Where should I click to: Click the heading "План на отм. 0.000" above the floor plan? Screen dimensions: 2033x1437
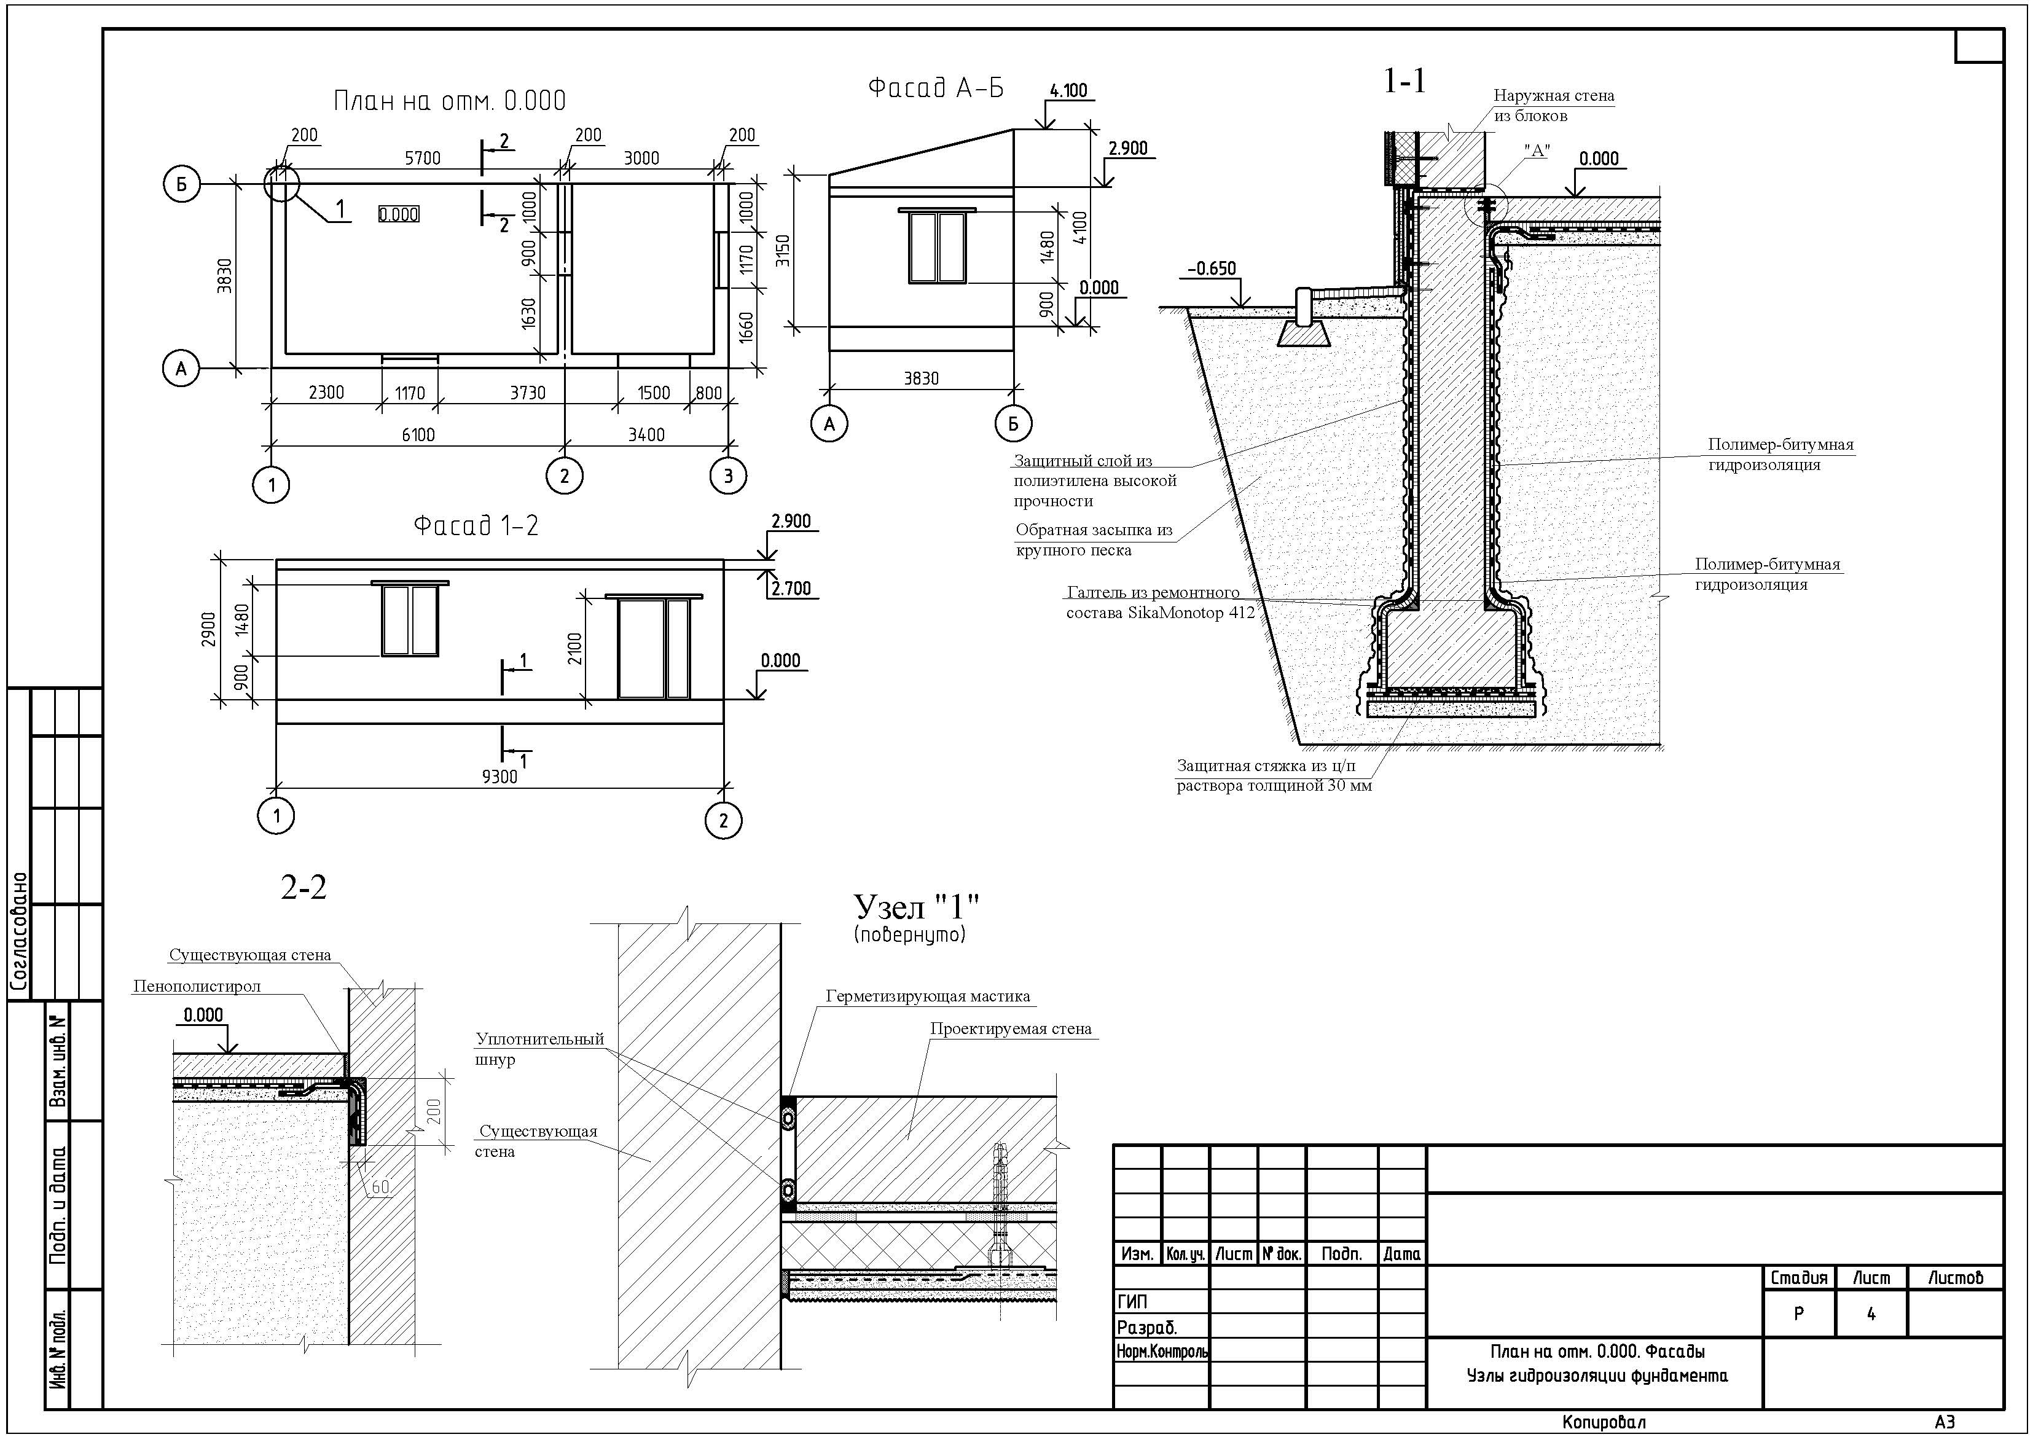449,101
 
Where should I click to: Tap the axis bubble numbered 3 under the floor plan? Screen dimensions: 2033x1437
728,476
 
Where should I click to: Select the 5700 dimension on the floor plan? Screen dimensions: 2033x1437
422,159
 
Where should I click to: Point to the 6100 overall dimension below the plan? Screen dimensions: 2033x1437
418,435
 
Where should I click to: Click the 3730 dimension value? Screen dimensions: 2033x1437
528,392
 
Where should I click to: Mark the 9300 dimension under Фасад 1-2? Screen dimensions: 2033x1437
500,777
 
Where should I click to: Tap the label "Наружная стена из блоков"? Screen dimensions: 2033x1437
1554,105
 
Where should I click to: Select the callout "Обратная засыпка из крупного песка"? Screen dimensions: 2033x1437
1094,540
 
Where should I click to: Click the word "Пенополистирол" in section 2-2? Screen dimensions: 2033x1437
197,986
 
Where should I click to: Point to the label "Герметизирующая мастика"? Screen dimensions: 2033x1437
928,996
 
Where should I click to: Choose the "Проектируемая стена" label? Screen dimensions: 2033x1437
1010,1029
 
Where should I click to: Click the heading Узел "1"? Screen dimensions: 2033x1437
917,907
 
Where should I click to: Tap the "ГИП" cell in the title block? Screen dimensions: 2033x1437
1132,1302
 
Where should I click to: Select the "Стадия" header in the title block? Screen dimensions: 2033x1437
1798,1278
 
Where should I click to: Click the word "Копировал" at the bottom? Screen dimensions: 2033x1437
1604,1422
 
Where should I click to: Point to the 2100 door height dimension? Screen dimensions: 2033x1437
576,649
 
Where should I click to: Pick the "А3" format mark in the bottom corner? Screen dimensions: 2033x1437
1945,1422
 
